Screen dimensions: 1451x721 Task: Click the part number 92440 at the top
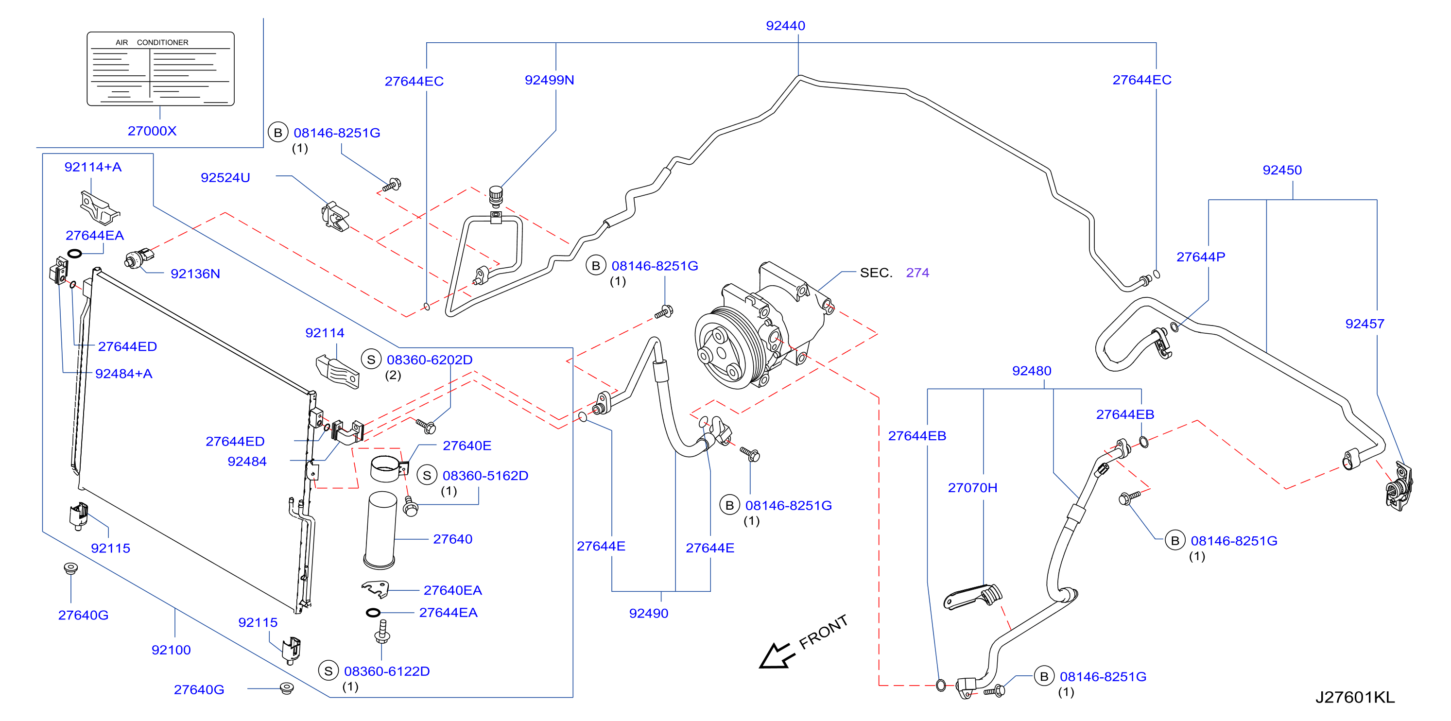coord(785,25)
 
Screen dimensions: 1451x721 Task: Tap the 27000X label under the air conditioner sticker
coord(152,131)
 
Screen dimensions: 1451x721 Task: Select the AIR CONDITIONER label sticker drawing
coord(160,69)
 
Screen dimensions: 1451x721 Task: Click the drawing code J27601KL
coord(1355,697)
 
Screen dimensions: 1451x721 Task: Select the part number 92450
coord(1282,170)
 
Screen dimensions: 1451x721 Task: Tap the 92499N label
coord(549,80)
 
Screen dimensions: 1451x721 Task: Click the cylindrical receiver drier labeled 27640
coord(381,530)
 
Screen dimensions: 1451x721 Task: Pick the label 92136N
coord(195,274)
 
